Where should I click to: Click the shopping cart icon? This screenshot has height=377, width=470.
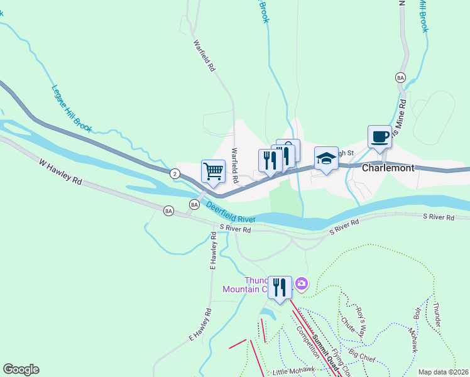coord(213,170)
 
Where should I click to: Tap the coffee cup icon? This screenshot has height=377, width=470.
coord(380,137)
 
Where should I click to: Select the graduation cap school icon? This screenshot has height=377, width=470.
coord(326,158)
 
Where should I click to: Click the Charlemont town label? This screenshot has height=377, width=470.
coord(388,168)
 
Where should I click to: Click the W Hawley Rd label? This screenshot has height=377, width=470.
coord(60,172)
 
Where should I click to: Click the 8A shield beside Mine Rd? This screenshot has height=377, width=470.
coord(400,77)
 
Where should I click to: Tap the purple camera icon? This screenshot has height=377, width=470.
coord(302,284)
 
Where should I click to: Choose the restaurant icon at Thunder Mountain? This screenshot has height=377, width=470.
coord(280,287)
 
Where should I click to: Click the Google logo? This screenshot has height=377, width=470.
coord(21,369)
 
